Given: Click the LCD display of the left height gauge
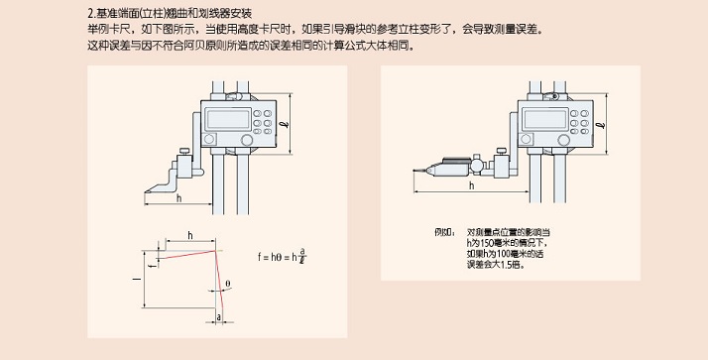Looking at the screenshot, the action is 228,119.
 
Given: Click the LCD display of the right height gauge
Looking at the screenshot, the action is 545,119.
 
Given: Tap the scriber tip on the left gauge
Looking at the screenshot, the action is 146,192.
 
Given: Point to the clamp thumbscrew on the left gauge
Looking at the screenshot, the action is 184,152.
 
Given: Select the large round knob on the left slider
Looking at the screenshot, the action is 247,140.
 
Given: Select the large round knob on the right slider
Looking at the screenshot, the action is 563,140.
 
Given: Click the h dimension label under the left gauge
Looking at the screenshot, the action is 179,197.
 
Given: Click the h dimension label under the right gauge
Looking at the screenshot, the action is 472,185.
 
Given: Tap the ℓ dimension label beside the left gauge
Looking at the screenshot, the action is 286,123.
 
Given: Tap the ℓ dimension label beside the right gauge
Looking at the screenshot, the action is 601,124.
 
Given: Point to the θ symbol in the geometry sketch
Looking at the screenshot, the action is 228,284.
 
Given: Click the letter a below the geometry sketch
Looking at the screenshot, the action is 219,317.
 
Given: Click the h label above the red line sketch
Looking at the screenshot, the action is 190,235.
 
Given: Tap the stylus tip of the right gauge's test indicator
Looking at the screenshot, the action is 414,171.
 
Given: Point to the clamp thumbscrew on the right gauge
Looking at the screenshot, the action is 501,152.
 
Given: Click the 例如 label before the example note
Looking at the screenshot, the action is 442,232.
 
